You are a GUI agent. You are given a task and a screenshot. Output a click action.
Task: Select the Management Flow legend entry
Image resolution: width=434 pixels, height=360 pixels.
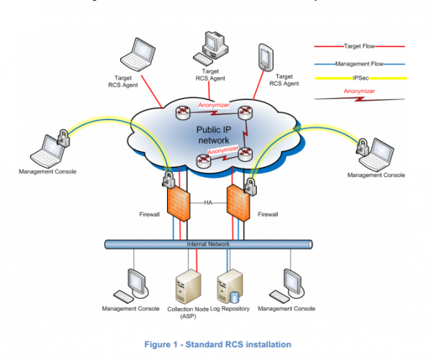[x=359, y=64]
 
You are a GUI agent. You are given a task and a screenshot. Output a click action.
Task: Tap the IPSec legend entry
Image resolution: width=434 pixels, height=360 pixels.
[x=359, y=78]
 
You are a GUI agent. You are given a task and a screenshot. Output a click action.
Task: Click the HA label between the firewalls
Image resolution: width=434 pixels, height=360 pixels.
[x=207, y=203]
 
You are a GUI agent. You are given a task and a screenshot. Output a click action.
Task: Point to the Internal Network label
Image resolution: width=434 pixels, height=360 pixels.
[x=207, y=245]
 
